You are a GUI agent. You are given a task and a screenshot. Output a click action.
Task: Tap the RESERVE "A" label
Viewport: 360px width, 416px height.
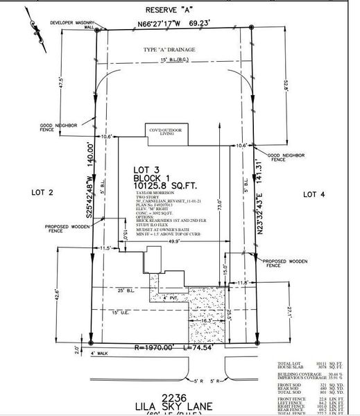pyautogui.click(x=174, y=11)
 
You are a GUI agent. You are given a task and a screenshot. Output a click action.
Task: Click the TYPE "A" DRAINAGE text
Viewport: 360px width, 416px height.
pyautogui.click(x=171, y=51)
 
